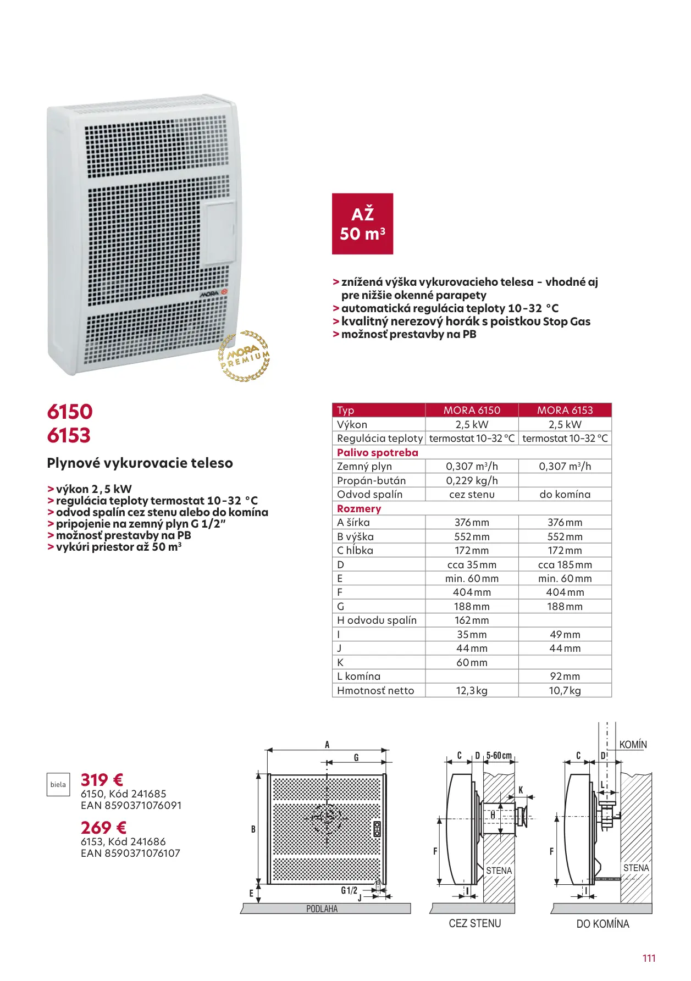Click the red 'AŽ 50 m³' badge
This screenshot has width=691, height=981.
(362, 224)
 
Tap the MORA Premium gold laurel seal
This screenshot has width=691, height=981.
(244, 356)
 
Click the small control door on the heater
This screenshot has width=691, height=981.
(220, 233)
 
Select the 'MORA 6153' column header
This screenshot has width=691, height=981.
(565, 410)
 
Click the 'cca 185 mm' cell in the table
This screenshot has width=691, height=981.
(565, 564)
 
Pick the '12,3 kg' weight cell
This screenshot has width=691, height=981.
(472, 690)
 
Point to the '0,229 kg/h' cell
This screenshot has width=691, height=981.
(472, 480)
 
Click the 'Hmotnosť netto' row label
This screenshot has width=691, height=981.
(375, 690)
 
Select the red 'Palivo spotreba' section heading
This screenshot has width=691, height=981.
(377, 452)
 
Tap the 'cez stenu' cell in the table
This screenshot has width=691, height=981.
(472, 494)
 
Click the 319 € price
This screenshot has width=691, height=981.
(102, 780)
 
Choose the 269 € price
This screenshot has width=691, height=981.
(103, 828)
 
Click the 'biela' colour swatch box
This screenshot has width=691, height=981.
(58, 785)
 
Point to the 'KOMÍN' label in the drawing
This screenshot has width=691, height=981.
(633, 745)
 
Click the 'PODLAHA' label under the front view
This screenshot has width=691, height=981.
(322, 909)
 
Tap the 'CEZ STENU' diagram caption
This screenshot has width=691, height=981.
(475, 923)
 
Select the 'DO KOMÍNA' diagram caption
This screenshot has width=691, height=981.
(602, 924)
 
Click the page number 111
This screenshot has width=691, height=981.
(649, 958)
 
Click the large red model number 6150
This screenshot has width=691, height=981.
(70, 412)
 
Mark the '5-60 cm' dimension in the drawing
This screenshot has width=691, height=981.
(499, 756)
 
